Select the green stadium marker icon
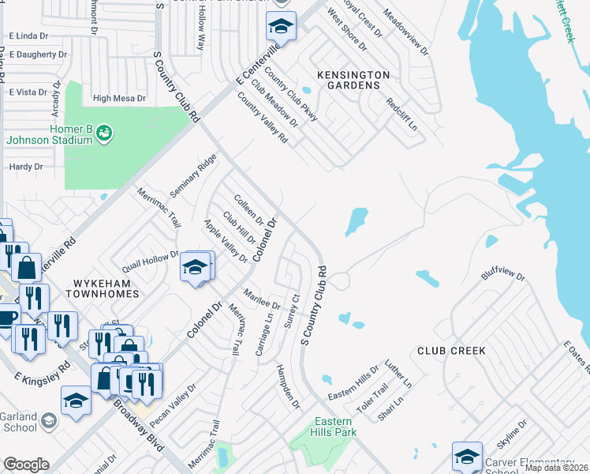[103, 134]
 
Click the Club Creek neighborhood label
[451, 350]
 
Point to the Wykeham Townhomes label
[106, 288]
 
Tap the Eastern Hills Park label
[335, 427]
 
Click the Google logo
[26, 465]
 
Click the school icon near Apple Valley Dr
[195, 269]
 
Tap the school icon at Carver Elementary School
[466, 457]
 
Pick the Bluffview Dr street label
[502, 278]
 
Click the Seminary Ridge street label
[192, 175]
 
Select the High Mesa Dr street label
[119, 99]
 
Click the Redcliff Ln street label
[401, 116]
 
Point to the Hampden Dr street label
[289, 386]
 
